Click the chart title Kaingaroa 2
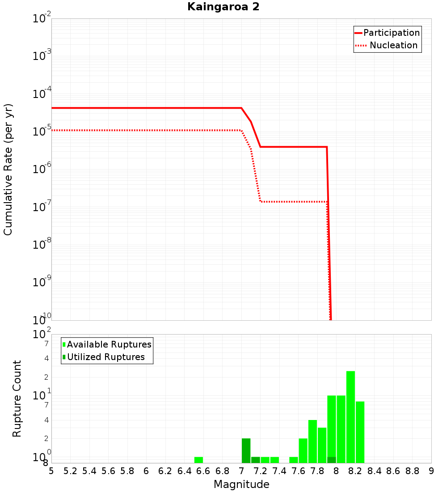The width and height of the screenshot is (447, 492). point(223,7)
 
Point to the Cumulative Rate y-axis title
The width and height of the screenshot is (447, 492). point(8,169)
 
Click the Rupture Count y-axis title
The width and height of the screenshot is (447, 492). point(17,398)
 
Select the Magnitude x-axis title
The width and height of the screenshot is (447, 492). point(241,484)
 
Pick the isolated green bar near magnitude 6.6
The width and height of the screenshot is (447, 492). point(198,460)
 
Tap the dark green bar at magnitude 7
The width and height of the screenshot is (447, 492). point(246,450)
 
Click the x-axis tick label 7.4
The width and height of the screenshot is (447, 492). point(279,471)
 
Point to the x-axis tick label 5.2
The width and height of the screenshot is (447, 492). point(70,471)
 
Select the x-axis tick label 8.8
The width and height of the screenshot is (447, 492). point(412,471)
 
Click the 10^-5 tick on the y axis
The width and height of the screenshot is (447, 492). point(42,131)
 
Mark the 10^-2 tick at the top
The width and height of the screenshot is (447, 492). point(42,19)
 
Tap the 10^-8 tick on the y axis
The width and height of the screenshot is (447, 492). point(42,244)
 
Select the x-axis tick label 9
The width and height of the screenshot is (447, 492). point(431,471)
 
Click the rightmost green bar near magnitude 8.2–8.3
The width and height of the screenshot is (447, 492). point(360,432)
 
